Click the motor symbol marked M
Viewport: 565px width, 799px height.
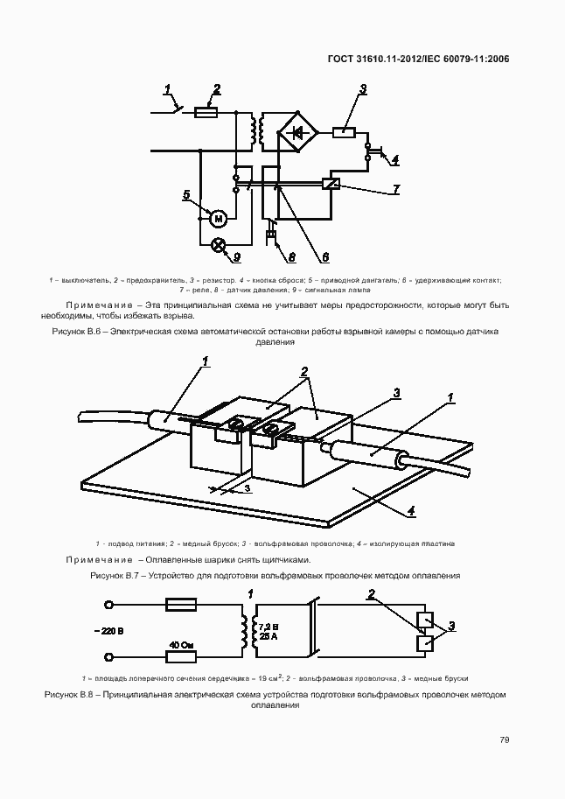tap(220, 216)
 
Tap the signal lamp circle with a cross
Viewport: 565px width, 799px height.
tap(220, 245)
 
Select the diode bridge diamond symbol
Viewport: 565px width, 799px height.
tap(298, 133)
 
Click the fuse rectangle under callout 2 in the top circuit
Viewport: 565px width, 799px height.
tap(206, 112)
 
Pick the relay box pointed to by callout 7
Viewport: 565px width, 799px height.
tap(331, 184)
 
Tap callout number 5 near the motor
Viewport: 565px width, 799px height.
tap(186, 194)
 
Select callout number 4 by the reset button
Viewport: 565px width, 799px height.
tap(394, 160)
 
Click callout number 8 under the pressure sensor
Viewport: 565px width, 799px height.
tap(292, 257)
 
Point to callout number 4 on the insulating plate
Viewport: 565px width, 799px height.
tap(411, 510)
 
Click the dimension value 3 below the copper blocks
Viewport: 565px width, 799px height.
tap(248, 488)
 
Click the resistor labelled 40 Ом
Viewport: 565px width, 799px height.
tap(182, 646)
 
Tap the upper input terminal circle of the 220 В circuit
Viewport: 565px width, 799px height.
tap(109, 605)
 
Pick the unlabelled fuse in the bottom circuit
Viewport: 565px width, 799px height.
tap(182, 605)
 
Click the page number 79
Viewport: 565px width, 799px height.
tap(505, 739)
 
